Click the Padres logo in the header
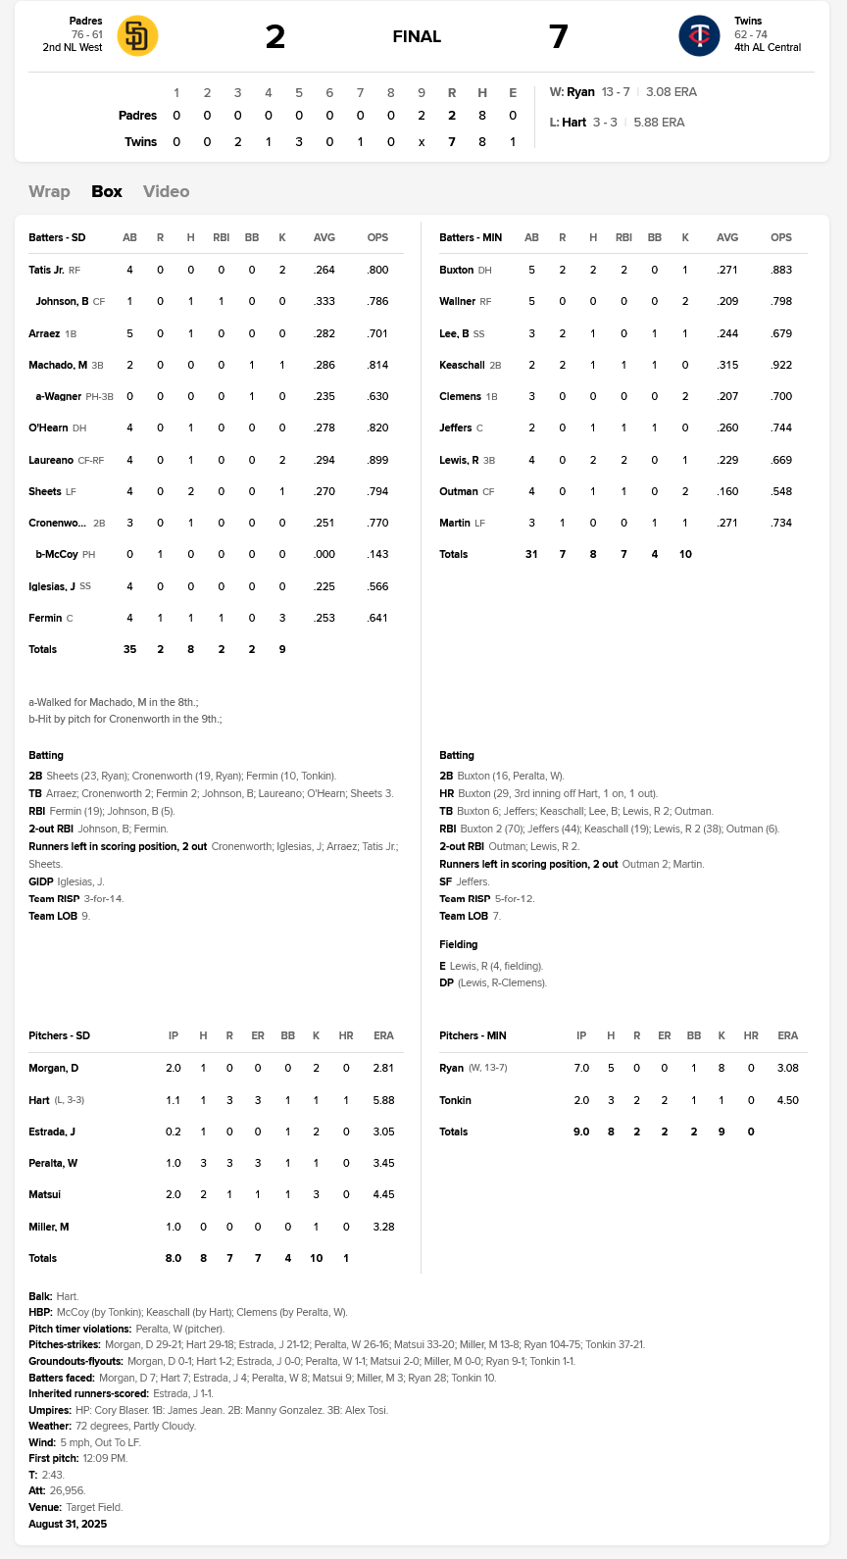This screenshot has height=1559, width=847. [x=137, y=36]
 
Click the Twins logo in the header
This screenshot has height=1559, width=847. [x=699, y=36]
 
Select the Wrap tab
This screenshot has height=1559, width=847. [x=49, y=191]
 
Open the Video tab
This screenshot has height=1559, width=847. [x=166, y=191]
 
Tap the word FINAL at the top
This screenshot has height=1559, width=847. [x=417, y=37]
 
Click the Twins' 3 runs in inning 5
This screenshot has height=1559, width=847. [x=299, y=142]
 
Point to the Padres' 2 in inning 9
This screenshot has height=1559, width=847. [x=422, y=116]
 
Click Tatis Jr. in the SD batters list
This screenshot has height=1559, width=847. [x=46, y=270]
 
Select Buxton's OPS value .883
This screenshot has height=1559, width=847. [x=781, y=270]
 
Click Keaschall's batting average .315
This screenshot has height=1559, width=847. [x=727, y=365]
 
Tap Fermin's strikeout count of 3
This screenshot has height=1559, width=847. [x=282, y=618]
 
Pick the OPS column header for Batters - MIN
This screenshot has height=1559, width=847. [x=781, y=237]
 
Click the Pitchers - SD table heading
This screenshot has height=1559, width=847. [x=59, y=1035]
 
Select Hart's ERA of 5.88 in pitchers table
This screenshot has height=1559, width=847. [x=383, y=1100]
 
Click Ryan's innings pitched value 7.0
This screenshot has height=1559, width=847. [x=581, y=1068]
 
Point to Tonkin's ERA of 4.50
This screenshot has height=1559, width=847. [x=787, y=1100]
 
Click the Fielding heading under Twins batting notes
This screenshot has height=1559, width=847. [x=459, y=944]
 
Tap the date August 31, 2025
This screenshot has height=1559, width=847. [x=68, y=1524]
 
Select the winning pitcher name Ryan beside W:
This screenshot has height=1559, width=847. [x=580, y=92]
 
